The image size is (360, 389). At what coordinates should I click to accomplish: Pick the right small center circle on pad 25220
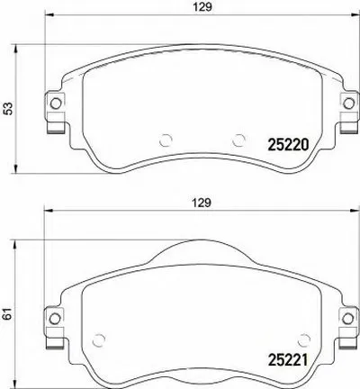click(x=238, y=140)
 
